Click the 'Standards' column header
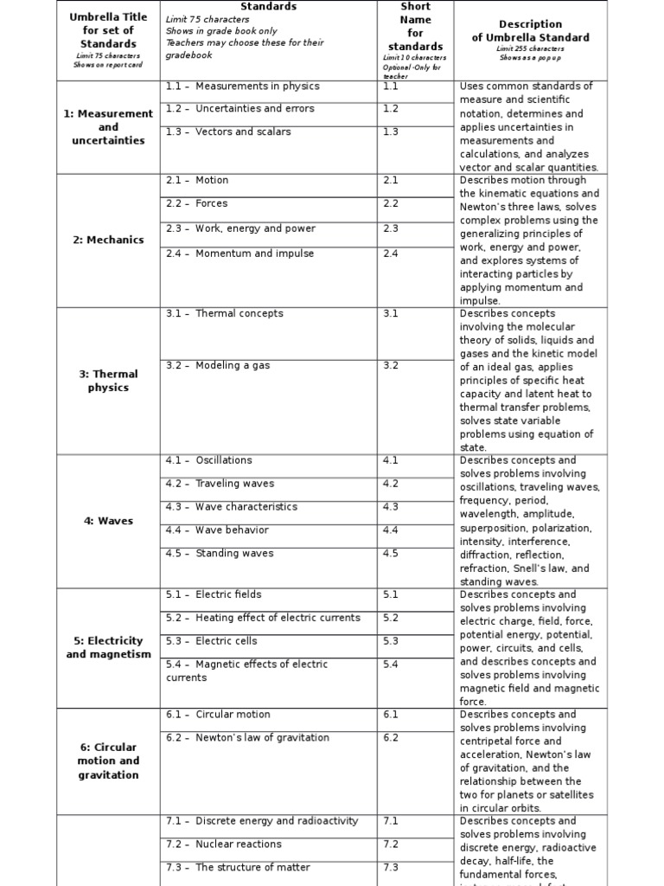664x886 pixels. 268,7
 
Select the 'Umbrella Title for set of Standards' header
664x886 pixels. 108,30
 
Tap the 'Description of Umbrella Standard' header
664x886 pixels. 530,31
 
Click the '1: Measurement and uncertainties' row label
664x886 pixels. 108,126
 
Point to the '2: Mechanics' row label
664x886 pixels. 108,240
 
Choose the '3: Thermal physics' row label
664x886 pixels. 108,381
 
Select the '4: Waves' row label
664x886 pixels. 108,521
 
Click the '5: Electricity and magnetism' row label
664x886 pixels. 108,647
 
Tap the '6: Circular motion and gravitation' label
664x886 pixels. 108,761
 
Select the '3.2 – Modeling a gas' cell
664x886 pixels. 218,365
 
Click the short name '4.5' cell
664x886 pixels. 391,554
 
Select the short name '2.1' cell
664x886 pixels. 391,180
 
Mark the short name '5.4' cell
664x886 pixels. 391,664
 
